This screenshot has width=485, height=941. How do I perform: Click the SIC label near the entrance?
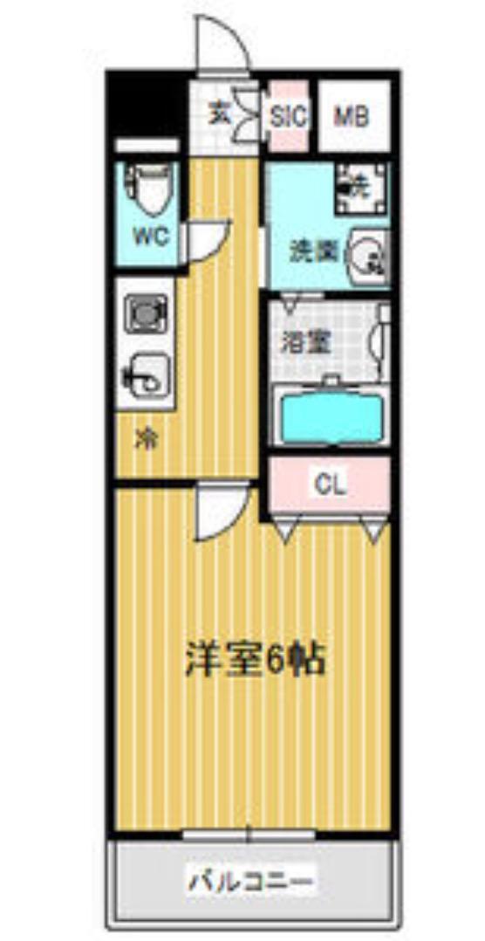tap(287, 116)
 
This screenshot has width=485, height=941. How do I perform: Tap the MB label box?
tap(352, 116)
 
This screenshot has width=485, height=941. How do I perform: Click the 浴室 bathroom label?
tap(305, 341)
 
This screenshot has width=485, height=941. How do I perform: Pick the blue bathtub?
tap(329, 416)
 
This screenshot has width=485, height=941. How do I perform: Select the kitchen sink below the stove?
tap(147, 375)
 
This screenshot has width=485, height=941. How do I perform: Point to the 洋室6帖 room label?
tap(254, 661)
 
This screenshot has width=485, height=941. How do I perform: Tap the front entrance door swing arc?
tap(223, 44)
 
